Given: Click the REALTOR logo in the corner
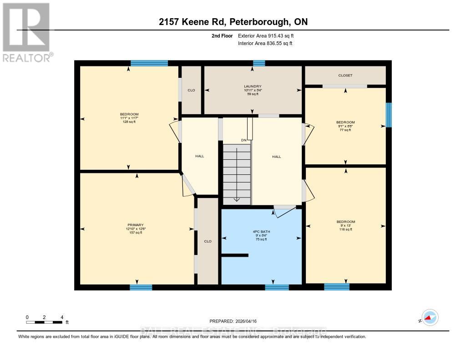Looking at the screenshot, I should tap(26, 32).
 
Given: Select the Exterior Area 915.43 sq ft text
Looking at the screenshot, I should tap(268, 35).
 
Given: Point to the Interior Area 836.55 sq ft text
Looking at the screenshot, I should tap(265, 44).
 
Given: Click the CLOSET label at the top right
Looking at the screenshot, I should tap(345, 76).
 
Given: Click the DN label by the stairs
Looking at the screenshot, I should tap(244, 140).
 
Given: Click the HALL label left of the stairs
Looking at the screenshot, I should tap(199, 156).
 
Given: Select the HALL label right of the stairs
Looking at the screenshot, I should tap(276, 157).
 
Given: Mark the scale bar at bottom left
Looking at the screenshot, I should tap(44, 322).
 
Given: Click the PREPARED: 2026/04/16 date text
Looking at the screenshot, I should tap(233, 321).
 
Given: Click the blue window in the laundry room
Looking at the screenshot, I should tap(259, 63).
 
